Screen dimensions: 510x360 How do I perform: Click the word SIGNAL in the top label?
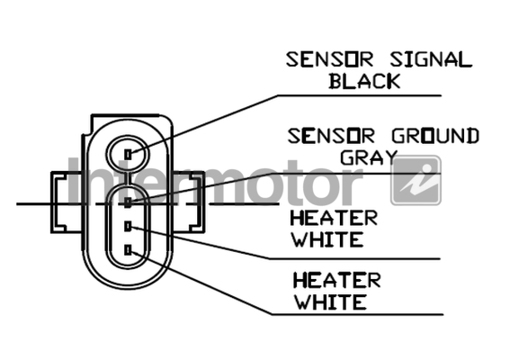[431, 60]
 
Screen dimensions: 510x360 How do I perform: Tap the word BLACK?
[364, 81]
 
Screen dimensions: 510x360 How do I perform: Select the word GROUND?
[435, 136]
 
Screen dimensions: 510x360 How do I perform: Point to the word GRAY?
[369, 157]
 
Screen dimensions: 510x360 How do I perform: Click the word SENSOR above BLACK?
[329, 60]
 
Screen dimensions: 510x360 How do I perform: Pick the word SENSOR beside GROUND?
[331, 136]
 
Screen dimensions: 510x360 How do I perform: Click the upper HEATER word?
[334, 218]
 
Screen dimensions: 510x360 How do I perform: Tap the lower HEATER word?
[337, 280]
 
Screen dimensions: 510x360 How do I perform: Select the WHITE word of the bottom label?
[330, 301]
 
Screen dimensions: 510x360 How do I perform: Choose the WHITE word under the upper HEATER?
[327, 239]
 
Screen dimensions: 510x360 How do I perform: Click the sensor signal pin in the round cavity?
[129, 154]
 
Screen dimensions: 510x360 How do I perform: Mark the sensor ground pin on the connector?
[129, 202]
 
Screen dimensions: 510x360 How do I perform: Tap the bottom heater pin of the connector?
[129, 250]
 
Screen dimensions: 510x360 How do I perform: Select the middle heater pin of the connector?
[129, 226]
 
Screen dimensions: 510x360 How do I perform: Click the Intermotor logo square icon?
[416, 181]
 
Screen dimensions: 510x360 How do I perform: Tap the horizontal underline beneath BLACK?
[360, 95]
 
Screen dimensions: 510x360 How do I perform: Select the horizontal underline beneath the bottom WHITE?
[357, 314]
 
